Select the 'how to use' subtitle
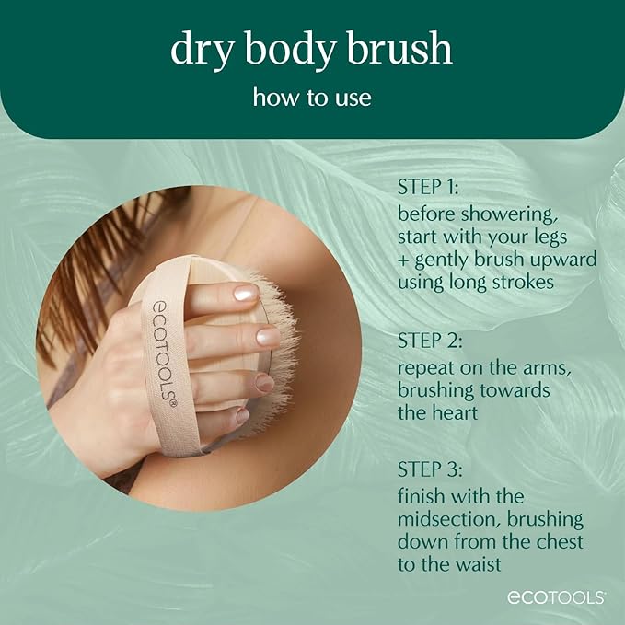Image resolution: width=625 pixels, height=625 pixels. point(312,97)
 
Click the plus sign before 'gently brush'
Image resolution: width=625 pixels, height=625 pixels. point(403,260)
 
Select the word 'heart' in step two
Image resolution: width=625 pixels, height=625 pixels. point(455,412)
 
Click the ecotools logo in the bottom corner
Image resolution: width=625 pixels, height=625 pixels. point(555,597)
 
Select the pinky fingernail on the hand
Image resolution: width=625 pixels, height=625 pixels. point(242,416)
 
